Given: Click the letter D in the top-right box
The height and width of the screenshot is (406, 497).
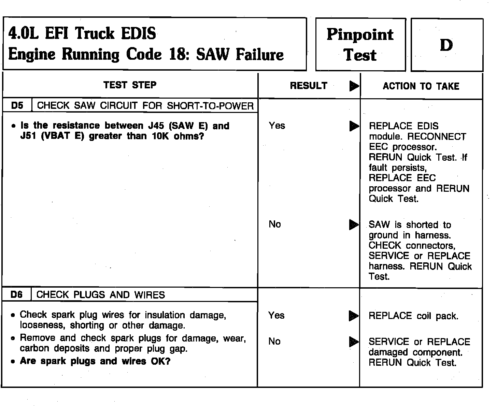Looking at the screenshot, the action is click(446, 45).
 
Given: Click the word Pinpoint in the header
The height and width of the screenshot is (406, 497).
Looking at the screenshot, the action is click(360, 35).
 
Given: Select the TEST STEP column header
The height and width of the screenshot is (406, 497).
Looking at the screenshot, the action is click(130, 85).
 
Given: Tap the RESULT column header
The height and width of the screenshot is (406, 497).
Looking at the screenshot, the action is click(309, 86).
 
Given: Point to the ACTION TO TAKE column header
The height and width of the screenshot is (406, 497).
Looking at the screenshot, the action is click(421, 86).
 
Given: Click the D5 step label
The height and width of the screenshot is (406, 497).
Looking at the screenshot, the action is click(17, 105).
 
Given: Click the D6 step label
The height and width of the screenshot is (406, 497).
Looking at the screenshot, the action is click(16, 294).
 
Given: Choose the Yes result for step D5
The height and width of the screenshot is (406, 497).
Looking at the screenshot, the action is click(277, 126).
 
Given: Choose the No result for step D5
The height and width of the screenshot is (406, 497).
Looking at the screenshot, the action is click(275, 224).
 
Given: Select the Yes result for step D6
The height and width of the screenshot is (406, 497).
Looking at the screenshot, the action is click(276, 315).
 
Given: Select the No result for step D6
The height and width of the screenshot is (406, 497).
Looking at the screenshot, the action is click(274, 341).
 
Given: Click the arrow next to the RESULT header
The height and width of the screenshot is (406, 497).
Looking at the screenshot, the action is click(354, 86).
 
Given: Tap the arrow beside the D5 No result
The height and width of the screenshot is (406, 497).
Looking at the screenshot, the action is click(354, 225).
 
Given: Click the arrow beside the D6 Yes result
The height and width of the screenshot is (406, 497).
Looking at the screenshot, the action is click(354, 316).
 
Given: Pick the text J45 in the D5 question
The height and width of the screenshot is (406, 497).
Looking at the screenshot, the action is click(156, 126).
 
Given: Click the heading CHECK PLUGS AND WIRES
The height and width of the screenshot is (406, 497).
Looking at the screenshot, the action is click(100, 295).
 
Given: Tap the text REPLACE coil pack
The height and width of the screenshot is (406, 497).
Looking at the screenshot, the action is click(413, 316).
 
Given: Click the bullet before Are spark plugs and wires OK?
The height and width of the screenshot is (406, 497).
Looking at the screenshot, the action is click(13, 362).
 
